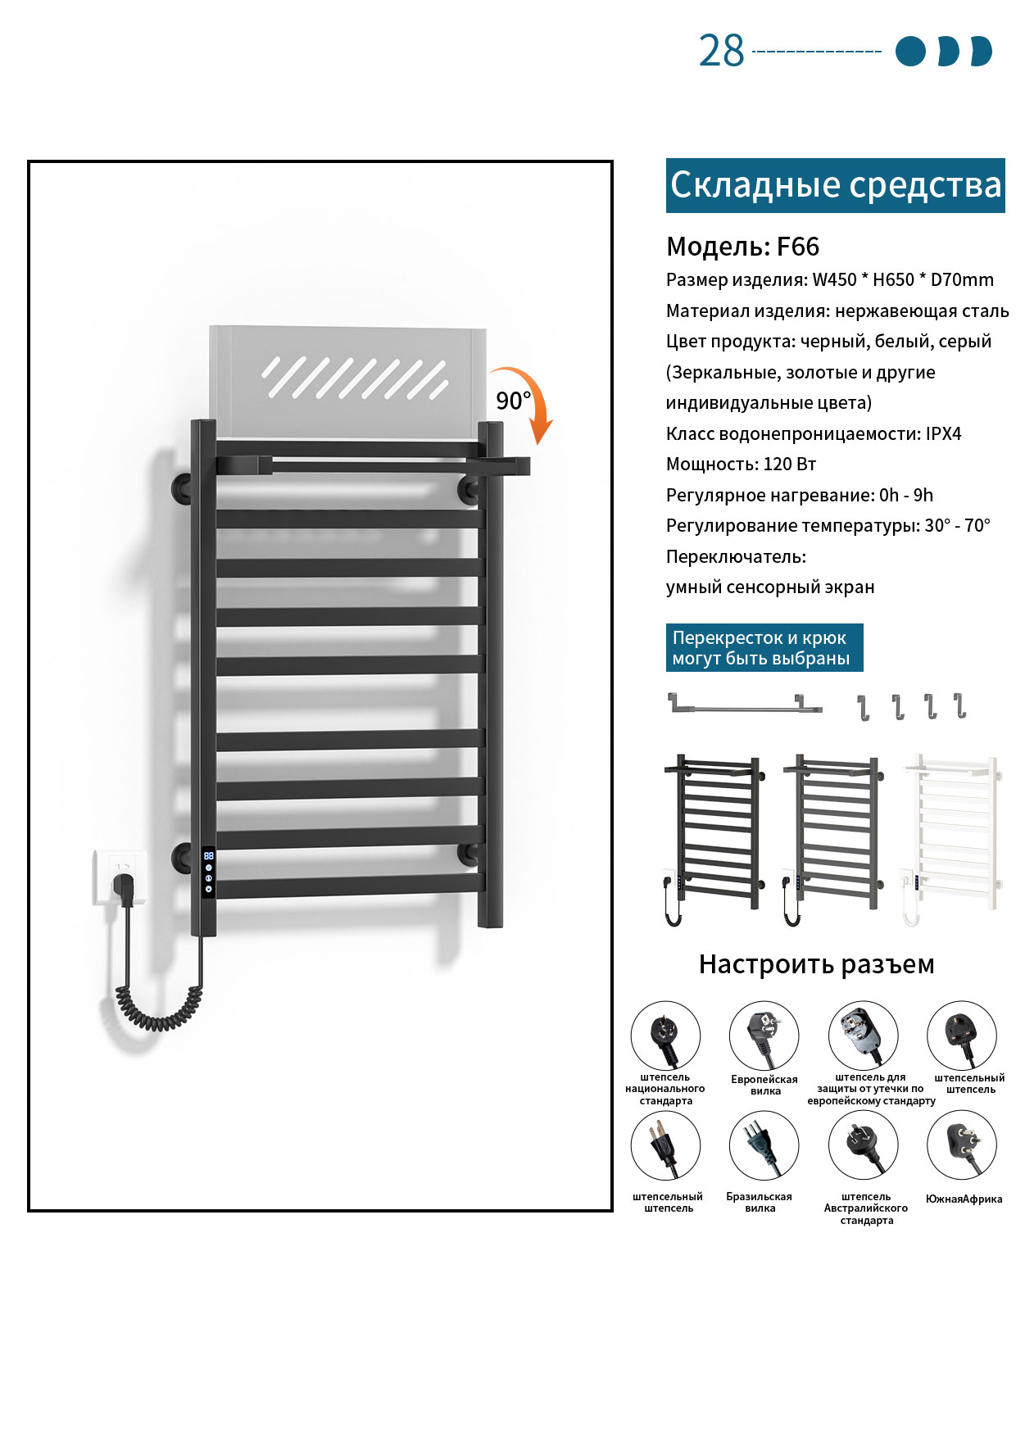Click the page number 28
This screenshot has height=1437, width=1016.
(721, 51)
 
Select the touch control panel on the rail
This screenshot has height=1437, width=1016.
(208, 873)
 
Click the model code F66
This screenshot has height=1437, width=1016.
(798, 247)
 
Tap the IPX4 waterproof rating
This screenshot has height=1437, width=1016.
(943, 434)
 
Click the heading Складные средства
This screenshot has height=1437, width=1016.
(836, 185)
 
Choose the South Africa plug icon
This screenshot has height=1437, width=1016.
(962, 1145)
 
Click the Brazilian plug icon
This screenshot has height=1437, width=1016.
(764, 1145)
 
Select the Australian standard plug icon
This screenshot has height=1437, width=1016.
(864, 1145)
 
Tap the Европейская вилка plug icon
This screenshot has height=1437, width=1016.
(764, 1036)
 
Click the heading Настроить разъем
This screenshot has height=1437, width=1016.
(817, 964)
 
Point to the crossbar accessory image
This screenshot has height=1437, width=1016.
(746, 704)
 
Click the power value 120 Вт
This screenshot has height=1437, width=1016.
(790, 465)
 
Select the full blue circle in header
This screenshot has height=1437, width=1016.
(910, 51)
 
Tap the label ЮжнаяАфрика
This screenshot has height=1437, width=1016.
(964, 1199)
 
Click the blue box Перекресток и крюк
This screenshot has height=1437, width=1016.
(764, 648)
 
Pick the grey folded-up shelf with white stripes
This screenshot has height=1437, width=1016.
(347, 382)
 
